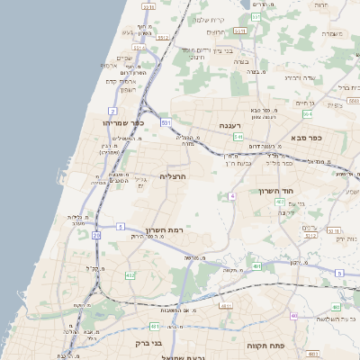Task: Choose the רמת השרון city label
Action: (164, 230)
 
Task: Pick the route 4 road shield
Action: (231, 194)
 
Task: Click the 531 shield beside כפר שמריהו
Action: (166, 121)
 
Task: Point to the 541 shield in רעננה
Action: (238, 137)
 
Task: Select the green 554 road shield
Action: (307, 114)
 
